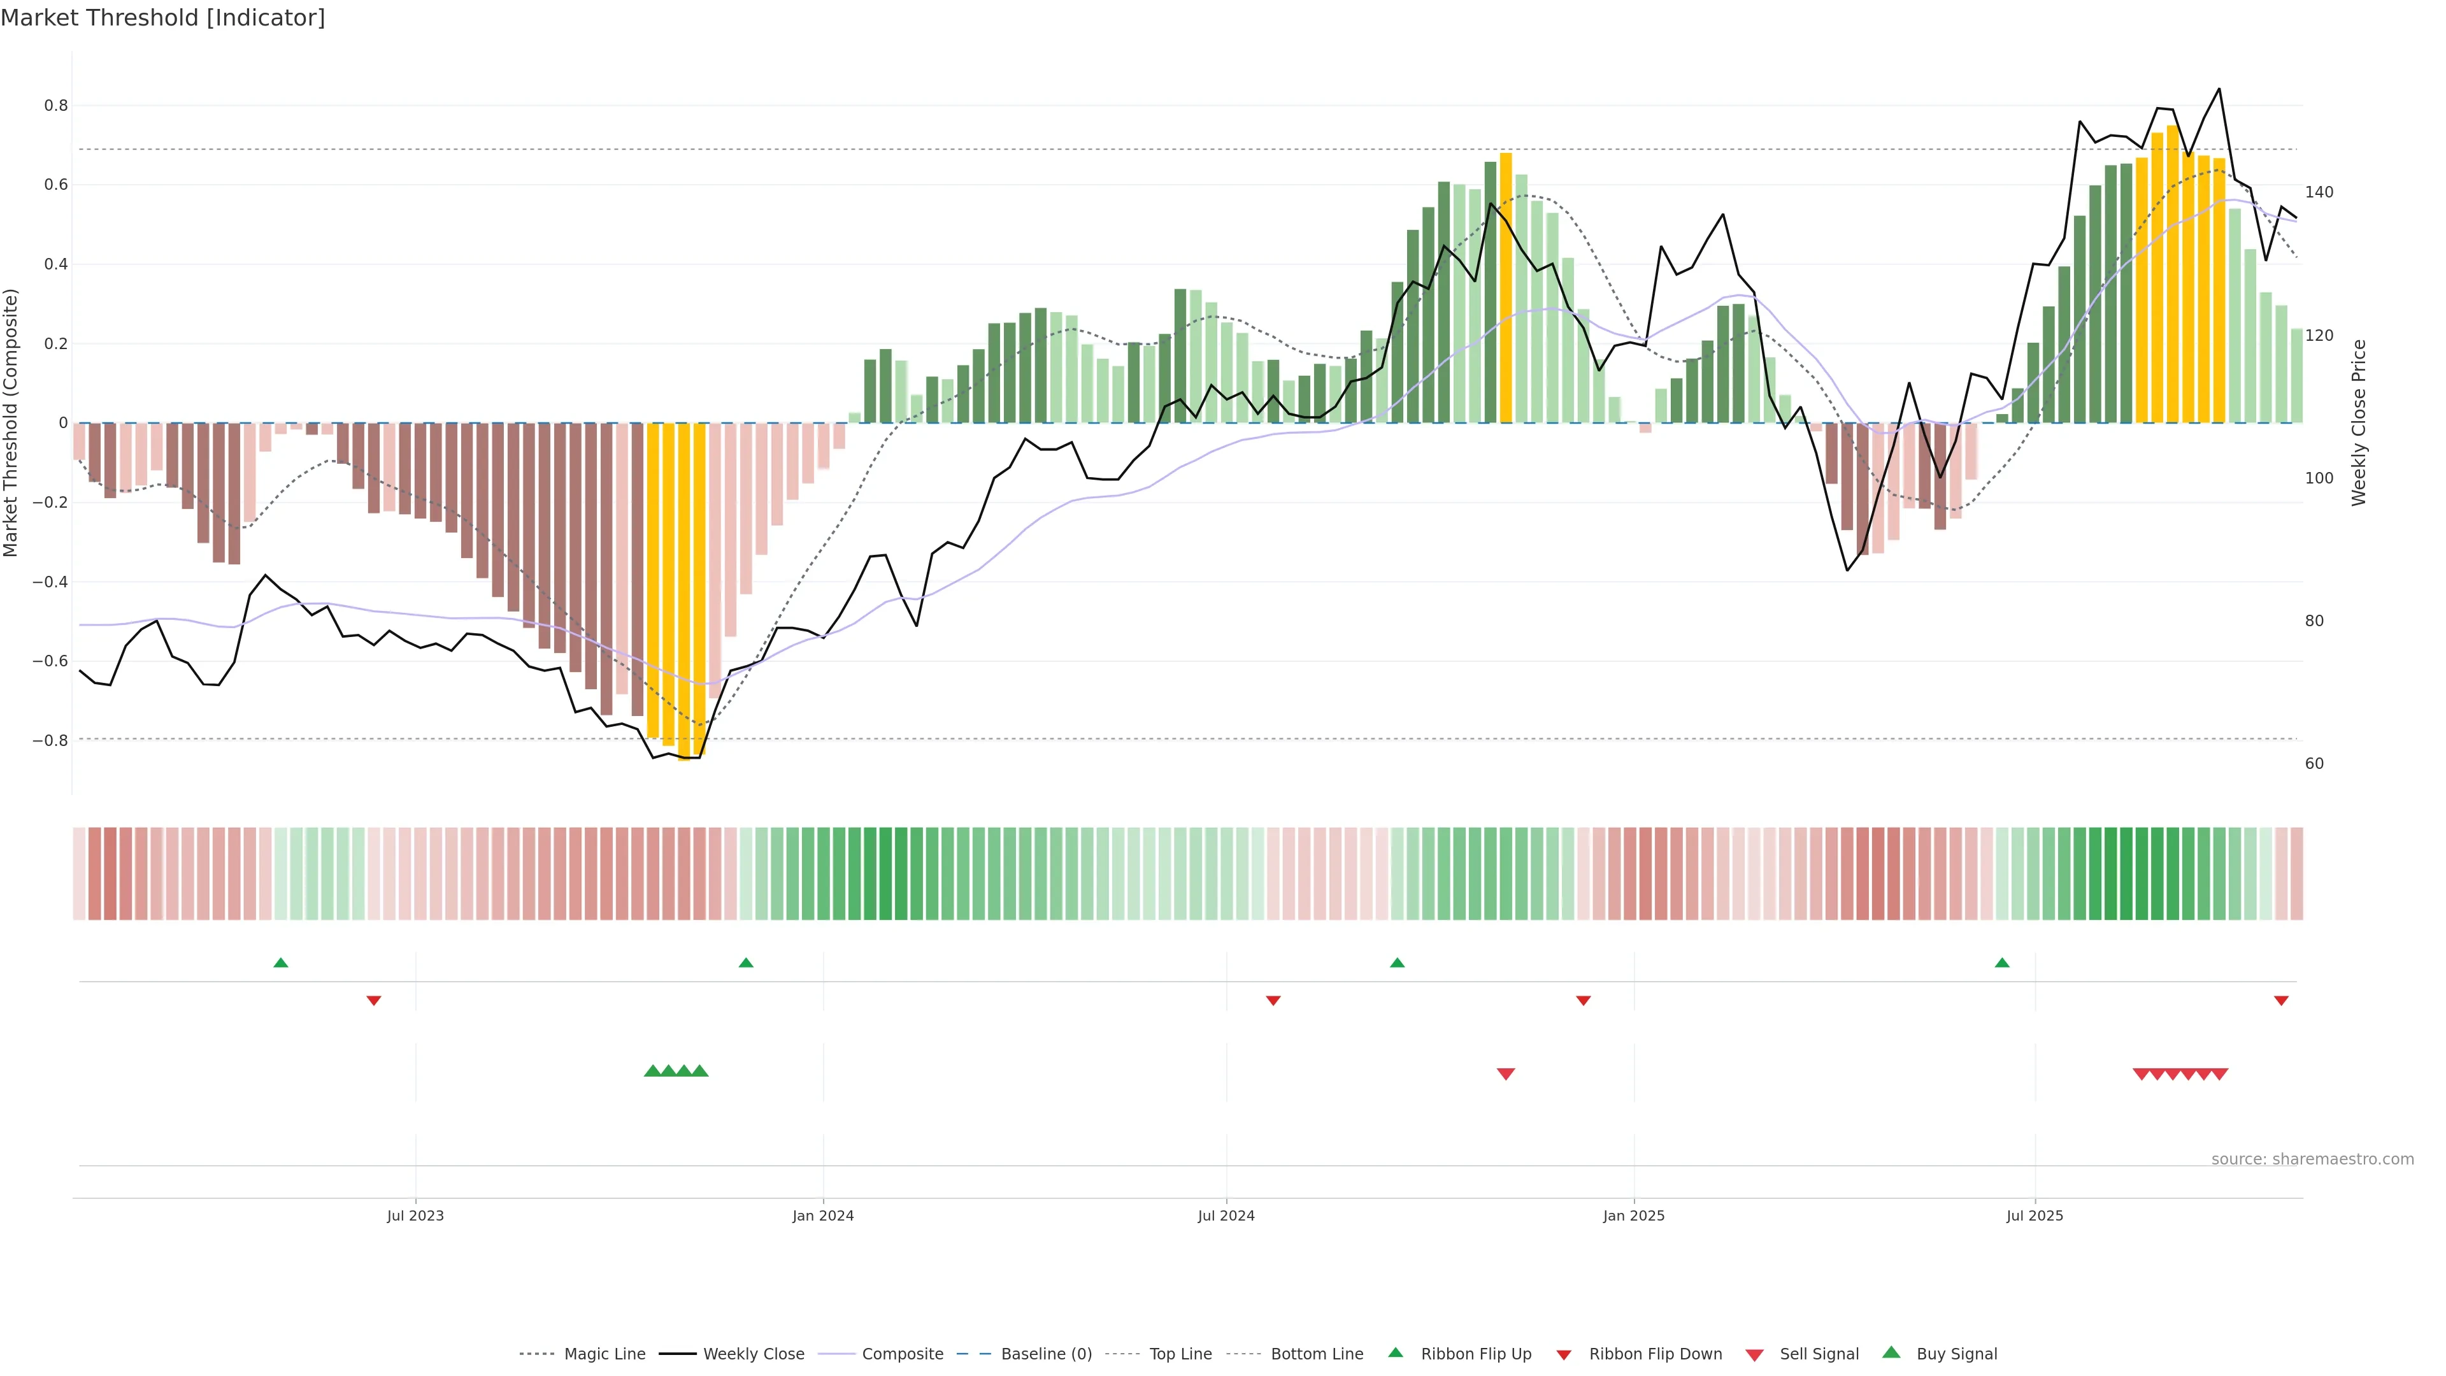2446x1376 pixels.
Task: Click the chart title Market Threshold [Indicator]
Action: click(162, 18)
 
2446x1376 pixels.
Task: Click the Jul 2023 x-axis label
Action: click(415, 1215)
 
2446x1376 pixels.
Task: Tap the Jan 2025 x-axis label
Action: click(1633, 1215)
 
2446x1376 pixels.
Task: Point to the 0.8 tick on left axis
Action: click(56, 105)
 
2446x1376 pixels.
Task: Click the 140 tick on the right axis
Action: click(2319, 192)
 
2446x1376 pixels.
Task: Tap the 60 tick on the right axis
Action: click(2314, 764)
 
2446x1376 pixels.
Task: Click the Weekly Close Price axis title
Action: click(2359, 422)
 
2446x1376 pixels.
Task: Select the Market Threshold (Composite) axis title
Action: click(11, 422)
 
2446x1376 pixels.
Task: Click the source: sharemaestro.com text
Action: click(2312, 1159)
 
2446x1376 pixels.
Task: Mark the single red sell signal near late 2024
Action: click(1506, 1074)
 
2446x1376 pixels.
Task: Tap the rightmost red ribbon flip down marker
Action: click(2281, 1001)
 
